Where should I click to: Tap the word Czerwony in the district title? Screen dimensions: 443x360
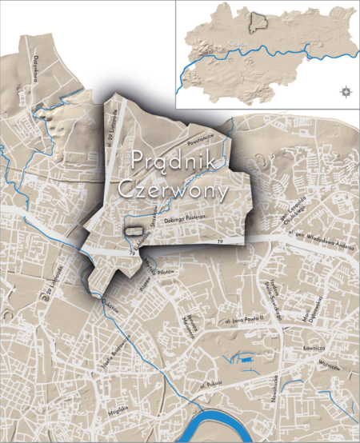(171, 192)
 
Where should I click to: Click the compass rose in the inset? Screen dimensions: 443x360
(345, 90)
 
